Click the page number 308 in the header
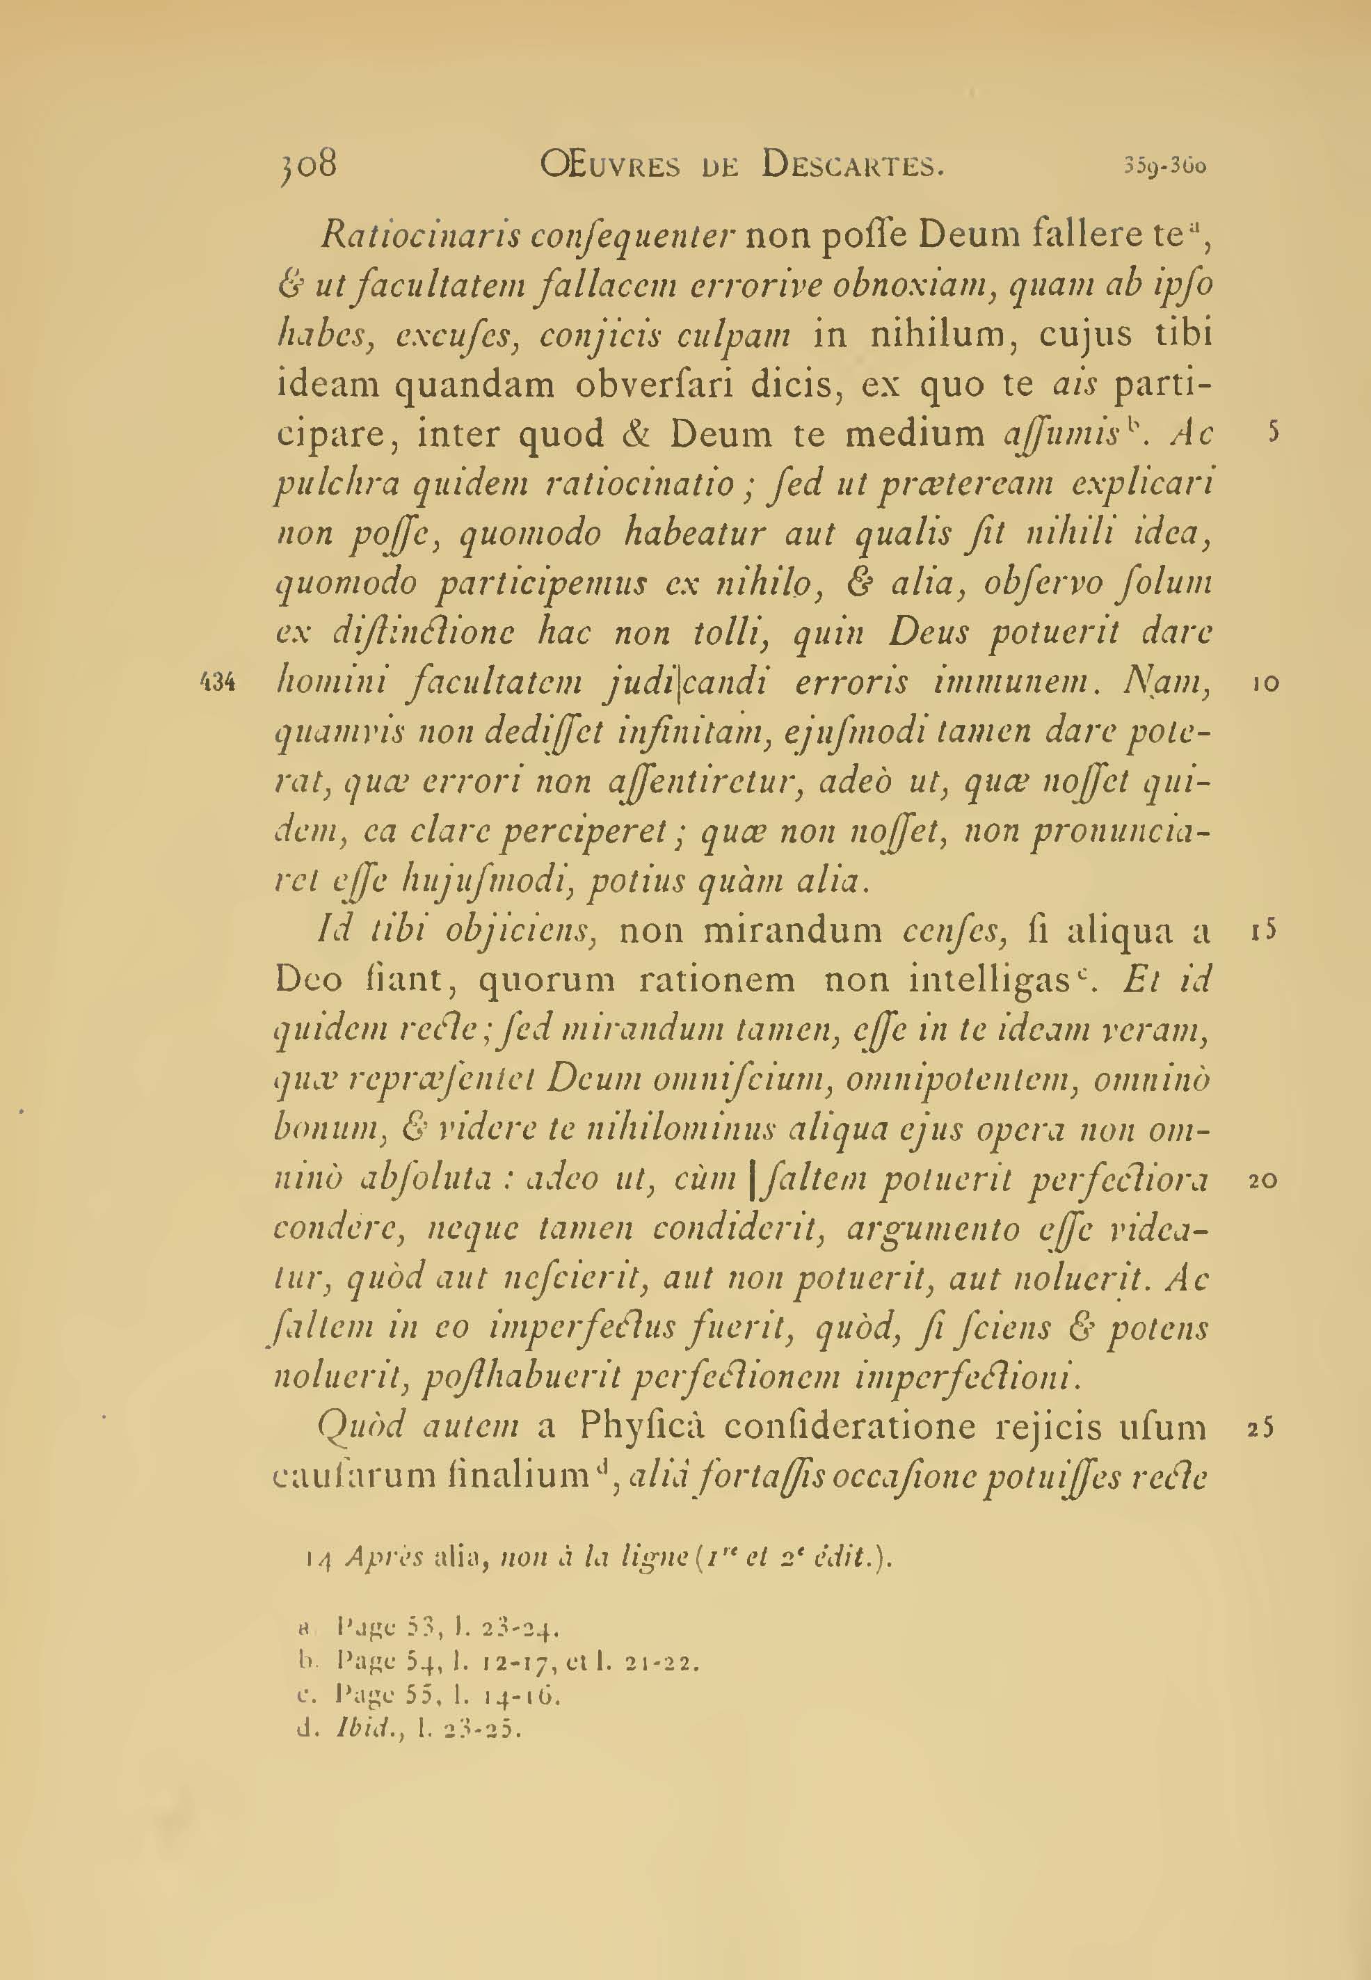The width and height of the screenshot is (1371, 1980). click(x=307, y=163)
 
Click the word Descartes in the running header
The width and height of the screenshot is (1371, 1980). click(x=852, y=164)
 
